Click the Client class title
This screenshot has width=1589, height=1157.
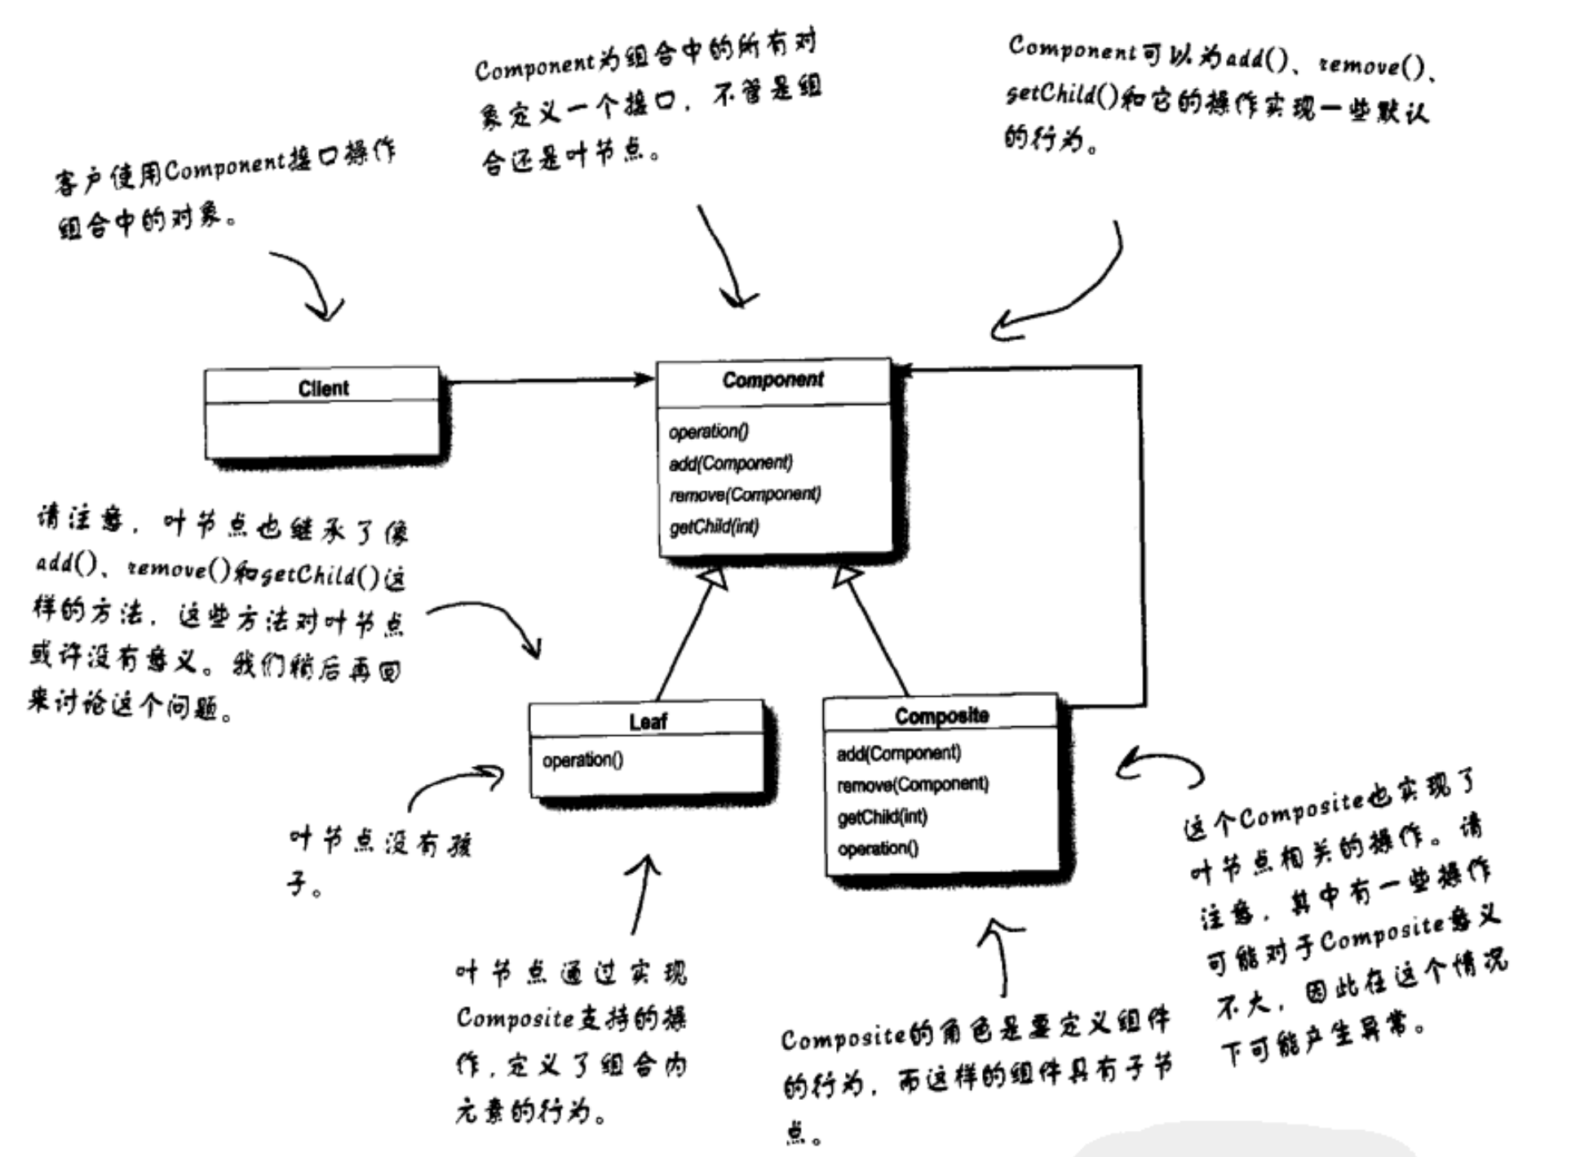click(323, 388)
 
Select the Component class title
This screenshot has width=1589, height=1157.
click(772, 380)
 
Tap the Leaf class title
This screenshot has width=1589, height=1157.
click(648, 721)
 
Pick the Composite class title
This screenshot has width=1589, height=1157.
click(941, 716)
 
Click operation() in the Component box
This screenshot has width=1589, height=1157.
click(708, 432)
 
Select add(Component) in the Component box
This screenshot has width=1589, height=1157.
click(730, 463)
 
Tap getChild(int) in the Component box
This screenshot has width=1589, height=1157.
click(714, 527)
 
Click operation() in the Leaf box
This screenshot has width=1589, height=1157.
click(582, 760)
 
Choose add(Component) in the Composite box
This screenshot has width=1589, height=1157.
click(898, 753)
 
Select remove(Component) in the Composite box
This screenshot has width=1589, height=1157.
click(912, 785)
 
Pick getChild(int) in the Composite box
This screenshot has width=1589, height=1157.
click(882, 817)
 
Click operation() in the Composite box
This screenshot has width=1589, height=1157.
click(878, 849)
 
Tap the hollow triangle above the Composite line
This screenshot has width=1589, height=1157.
click(846, 576)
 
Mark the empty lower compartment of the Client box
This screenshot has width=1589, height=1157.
click(321, 429)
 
